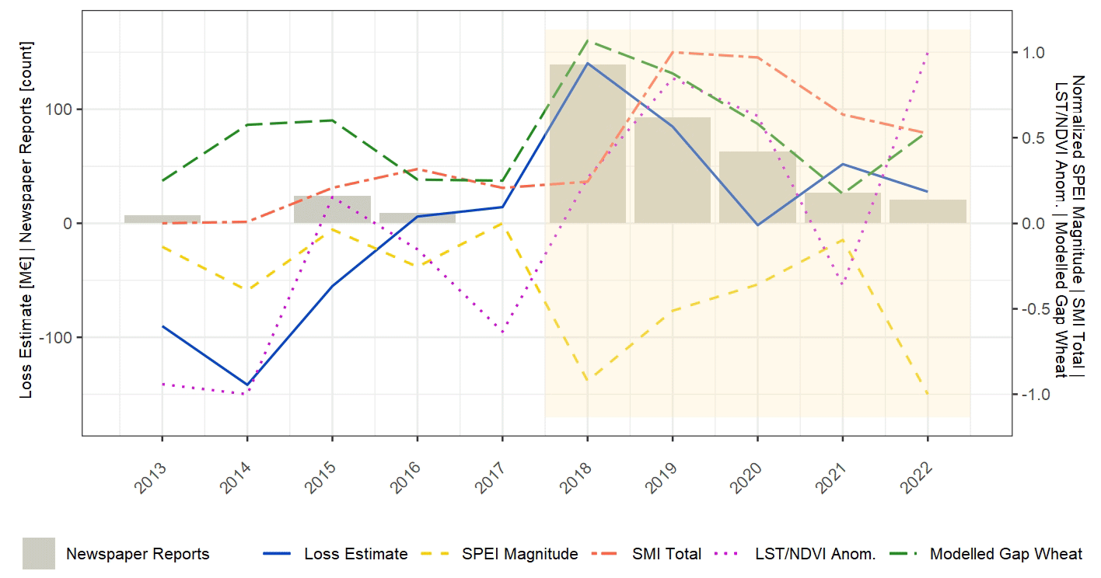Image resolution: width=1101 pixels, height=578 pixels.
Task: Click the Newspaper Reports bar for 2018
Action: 587,144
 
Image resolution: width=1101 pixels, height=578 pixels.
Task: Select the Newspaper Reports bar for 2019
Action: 673,170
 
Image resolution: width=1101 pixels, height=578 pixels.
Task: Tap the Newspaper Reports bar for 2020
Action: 757,187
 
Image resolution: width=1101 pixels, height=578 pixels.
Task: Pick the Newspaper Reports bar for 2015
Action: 332,209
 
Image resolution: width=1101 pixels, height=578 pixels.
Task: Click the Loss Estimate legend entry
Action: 355,554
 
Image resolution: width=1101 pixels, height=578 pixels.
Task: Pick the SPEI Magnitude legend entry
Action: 519,554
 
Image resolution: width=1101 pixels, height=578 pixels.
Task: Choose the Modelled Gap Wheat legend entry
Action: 1005,554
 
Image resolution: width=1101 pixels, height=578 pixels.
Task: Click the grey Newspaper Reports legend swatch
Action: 39,554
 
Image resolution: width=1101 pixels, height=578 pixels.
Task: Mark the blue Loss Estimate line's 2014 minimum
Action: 247,385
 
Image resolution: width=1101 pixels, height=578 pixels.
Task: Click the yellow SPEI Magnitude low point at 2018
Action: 587,380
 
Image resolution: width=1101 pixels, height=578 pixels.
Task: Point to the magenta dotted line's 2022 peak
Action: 927,54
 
